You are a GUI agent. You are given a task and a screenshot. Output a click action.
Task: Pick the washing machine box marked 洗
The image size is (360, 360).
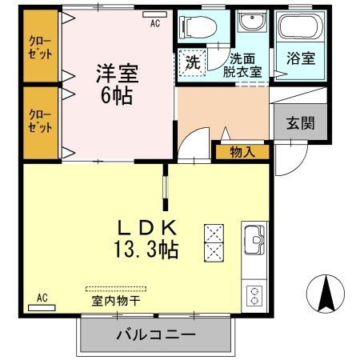click(x=194, y=62)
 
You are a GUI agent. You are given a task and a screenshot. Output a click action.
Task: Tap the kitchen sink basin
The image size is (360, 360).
click(x=254, y=238)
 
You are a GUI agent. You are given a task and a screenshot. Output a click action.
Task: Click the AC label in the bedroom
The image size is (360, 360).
click(x=155, y=23)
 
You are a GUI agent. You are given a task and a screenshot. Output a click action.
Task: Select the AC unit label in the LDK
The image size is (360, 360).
click(x=42, y=298)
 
